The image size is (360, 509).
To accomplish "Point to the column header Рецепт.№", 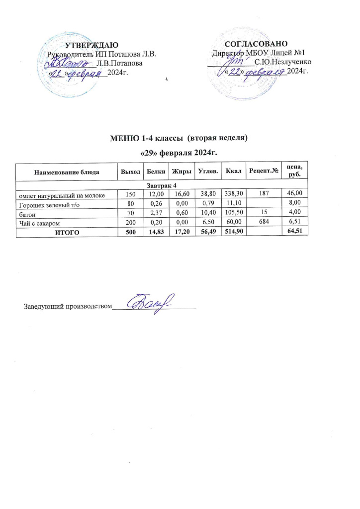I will tap(263, 172).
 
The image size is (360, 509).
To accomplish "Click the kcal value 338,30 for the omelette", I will tap(233, 194).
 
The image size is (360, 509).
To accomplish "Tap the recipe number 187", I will tap(263, 194).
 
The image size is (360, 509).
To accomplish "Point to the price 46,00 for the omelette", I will tap(294, 194).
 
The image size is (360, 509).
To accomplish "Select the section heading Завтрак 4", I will tap(162, 185).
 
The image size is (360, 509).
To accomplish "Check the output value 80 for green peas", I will tap(129, 203).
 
